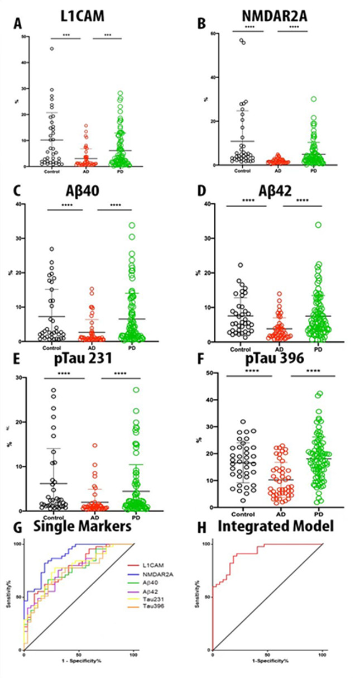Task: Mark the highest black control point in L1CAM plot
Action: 52,49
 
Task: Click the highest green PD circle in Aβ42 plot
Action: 318,225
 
